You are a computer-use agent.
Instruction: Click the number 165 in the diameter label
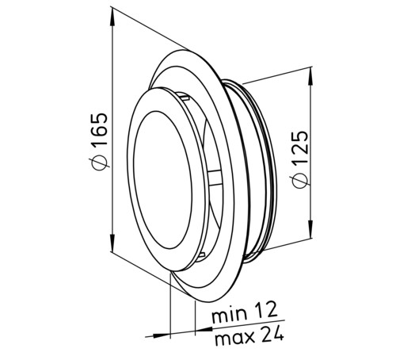(99, 129)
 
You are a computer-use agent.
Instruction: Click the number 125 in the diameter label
(300, 147)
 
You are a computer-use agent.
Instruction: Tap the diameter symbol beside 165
(99, 162)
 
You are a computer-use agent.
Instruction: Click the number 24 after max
(272, 333)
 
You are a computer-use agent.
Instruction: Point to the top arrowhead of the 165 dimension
(112, 17)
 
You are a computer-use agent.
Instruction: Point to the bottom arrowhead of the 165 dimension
(112, 243)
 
